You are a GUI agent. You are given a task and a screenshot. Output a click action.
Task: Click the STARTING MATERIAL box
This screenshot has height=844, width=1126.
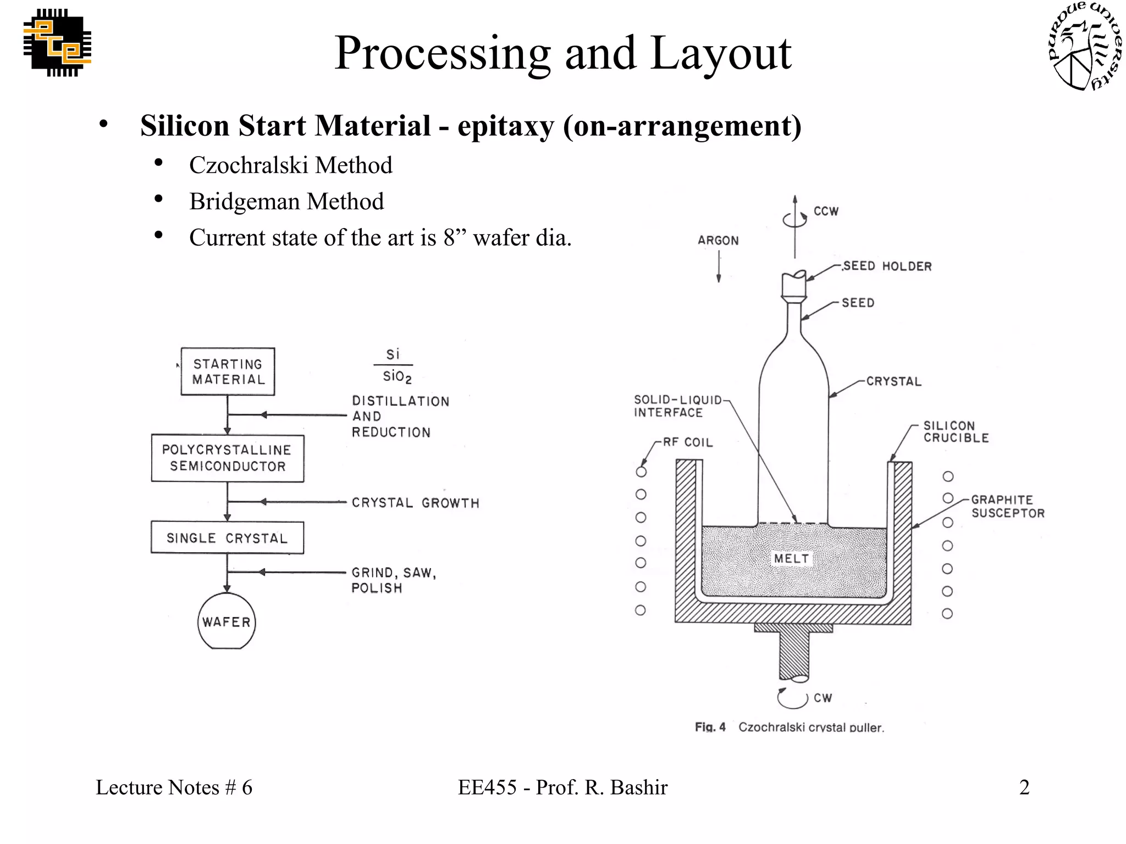pos(228,371)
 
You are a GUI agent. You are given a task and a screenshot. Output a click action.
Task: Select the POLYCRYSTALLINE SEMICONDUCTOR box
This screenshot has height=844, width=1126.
pos(227,458)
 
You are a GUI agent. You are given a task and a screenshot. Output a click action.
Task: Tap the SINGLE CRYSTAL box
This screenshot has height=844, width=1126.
pos(227,538)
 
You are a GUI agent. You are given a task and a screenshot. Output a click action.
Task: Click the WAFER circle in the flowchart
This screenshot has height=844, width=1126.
pos(227,621)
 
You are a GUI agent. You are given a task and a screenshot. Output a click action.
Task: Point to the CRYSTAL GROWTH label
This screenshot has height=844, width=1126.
pos(415,503)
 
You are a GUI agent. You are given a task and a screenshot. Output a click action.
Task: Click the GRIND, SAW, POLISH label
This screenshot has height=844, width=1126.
pos(393,580)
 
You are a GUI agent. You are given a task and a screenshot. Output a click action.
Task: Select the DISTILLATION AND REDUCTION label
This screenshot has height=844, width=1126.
pos(400,417)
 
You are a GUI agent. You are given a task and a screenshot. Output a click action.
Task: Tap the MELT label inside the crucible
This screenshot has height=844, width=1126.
pos(791,559)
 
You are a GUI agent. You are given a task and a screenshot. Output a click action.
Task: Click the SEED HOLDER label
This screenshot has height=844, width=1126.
pos(887,266)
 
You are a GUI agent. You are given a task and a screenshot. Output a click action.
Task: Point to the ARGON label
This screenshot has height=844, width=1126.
pos(718,241)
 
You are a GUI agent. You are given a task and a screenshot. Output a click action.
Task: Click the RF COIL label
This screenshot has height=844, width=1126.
pos(687,442)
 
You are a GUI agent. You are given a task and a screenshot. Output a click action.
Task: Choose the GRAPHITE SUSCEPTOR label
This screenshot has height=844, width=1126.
pos(1007,506)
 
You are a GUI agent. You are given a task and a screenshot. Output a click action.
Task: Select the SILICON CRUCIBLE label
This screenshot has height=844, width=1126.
pos(956,432)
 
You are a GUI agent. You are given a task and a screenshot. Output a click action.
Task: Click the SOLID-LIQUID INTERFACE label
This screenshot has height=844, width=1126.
pos(677,406)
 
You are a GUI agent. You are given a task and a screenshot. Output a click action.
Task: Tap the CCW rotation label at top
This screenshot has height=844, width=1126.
pos(826,212)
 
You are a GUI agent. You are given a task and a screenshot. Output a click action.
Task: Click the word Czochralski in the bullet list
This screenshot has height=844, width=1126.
pos(249,165)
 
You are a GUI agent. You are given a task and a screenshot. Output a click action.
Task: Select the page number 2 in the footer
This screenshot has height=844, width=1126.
pos(1024,787)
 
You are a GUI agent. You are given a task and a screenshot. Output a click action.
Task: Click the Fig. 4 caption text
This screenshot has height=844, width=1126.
pos(789,727)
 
